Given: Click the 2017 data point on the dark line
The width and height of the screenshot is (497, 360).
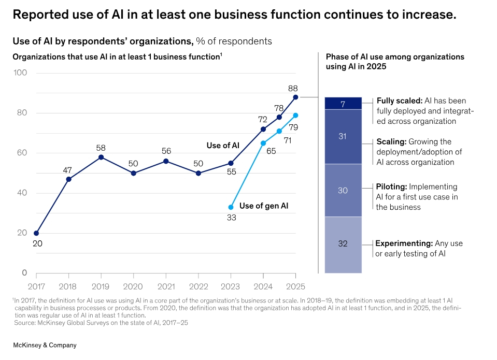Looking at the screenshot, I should coord(36,233).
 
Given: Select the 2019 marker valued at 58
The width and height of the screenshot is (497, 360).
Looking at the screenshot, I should coord(101,157).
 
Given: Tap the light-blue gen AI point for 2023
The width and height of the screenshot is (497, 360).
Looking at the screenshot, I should coord(231,207).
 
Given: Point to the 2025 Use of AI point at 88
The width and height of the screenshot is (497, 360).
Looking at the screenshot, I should coord(295,97).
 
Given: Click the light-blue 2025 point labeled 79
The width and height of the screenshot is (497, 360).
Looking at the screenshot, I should coord(295,115).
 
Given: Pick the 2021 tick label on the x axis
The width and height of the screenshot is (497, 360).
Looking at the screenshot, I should coord(166,286).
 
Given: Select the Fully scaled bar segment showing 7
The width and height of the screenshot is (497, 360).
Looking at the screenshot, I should coord(343,104).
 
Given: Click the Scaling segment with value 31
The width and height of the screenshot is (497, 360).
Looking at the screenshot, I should coord(343,136).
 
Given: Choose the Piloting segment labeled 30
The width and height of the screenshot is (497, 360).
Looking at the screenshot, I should coord(343,190).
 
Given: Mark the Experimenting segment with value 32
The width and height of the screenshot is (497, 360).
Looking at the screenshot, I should coord(343,244).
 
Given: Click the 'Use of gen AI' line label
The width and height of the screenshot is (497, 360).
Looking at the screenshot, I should coord(264,206).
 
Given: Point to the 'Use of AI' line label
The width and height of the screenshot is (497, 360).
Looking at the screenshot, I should coord(223,146).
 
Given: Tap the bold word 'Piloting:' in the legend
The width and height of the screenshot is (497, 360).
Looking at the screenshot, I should coord(391,186).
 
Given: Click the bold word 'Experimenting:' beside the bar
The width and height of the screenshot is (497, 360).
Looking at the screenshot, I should coord(404,243).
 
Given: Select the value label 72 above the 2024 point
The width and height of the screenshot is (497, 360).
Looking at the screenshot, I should coord(263,119).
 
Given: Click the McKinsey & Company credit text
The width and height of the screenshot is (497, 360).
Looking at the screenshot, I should coord(45,345).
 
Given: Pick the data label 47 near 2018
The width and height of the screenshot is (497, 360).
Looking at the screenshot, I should coord(68,169).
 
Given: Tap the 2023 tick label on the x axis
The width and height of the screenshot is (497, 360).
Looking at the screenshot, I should coord(231,286).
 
